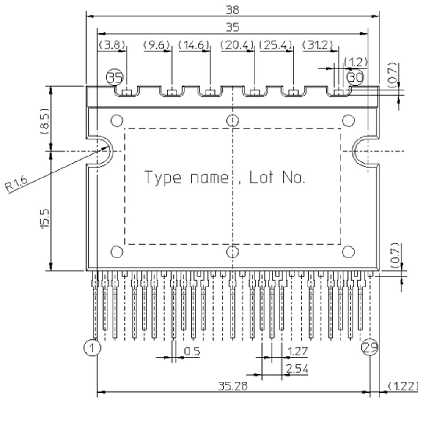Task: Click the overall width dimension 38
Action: [233, 10]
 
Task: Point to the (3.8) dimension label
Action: [112, 44]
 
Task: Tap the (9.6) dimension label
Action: [157, 44]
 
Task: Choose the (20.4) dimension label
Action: [237, 44]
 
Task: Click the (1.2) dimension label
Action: [355, 62]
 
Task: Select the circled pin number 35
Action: [114, 78]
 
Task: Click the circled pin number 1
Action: [92, 348]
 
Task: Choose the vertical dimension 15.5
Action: [45, 217]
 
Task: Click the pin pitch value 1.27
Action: [297, 352]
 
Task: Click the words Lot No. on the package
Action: [277, 177]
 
